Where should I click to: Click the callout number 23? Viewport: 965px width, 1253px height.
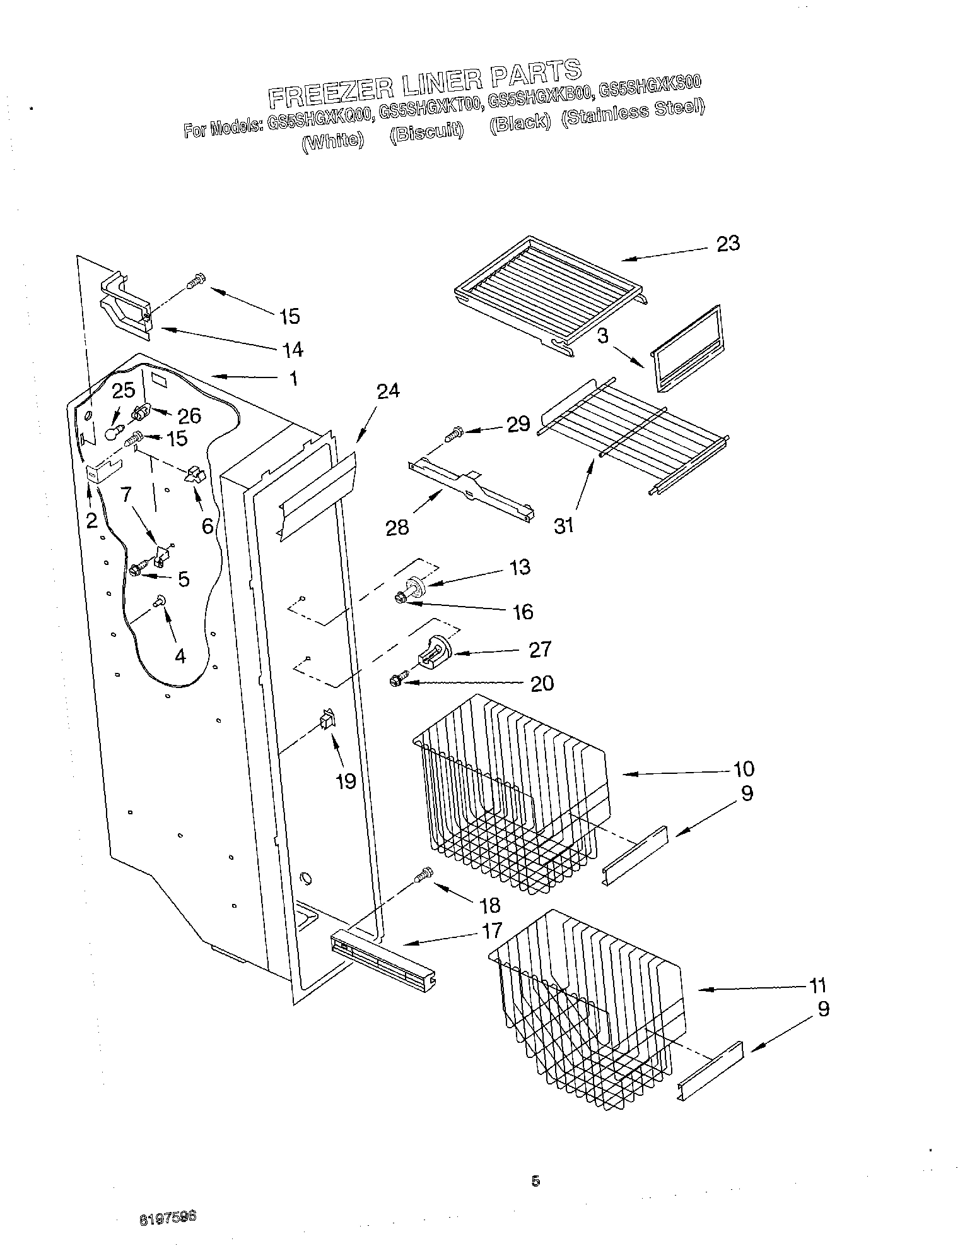click(727, 244)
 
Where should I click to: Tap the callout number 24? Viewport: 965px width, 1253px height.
click(389, 392)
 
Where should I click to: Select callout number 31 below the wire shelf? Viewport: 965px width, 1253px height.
click(563, 525)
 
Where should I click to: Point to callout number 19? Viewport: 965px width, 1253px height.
click(346, 781)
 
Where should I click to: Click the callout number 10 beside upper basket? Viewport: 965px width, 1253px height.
click(744, 769)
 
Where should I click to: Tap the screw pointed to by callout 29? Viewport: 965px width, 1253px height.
click(453, 434)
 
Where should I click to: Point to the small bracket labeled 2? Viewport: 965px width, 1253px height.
click(103, 472)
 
